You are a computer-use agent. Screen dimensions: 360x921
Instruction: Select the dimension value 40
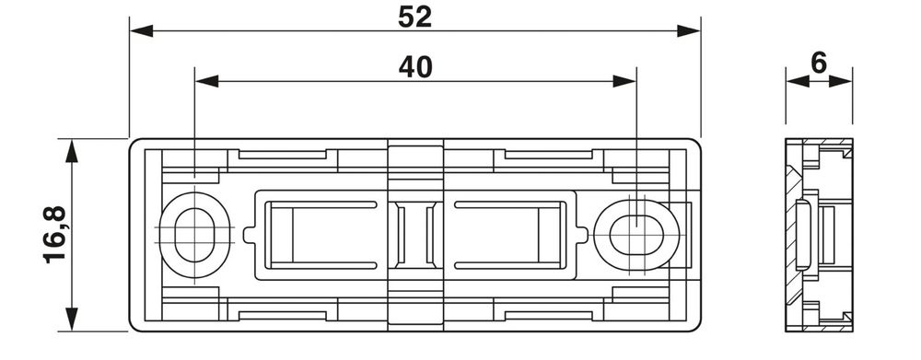click(416, 67)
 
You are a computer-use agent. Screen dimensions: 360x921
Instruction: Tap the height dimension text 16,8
click(54, 235)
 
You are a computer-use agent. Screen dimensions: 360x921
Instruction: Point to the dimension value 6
click(819, 64)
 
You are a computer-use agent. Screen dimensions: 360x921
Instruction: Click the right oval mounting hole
click(636, 227)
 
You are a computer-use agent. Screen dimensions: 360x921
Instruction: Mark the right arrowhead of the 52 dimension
click(690, 31)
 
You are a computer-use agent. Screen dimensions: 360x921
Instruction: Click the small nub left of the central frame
click(249, 235)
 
